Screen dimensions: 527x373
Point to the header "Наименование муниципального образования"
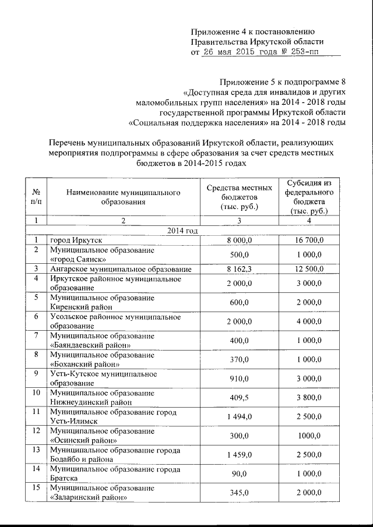pos(123,196)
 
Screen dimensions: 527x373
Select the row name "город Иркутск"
pos(76,240)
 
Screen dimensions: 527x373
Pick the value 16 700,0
pos(309,240)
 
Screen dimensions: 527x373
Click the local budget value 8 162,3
pos(239,268)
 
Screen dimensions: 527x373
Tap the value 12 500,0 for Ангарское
pos(309,268)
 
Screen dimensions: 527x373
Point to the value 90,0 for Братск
pos(239,473)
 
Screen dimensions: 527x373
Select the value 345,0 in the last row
pos(239,493)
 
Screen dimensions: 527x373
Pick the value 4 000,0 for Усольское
pos(309,321)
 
